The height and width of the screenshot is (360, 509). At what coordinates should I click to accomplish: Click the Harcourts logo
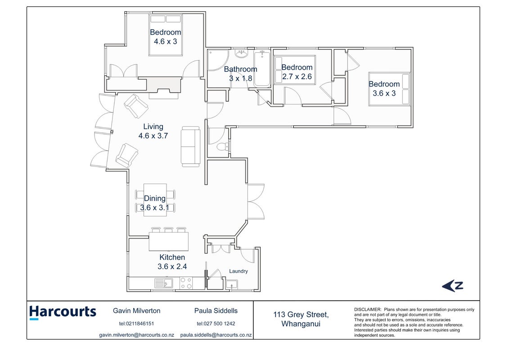63,313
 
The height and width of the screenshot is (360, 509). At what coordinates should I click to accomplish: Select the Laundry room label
238,271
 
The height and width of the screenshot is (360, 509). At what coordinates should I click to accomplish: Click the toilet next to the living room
223,146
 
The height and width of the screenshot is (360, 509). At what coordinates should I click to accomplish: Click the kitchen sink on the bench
164,283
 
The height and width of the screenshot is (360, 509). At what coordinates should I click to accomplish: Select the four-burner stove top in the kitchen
186,283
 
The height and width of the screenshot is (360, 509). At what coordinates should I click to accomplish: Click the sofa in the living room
190,147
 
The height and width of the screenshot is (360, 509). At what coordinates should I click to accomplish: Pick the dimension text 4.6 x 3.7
153,136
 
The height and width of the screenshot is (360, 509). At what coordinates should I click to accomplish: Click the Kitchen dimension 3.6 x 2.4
172,266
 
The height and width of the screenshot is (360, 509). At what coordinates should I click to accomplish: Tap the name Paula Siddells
216,310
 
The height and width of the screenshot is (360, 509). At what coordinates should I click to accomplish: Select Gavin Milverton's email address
137,335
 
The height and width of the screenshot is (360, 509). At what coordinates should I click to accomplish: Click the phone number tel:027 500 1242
216,324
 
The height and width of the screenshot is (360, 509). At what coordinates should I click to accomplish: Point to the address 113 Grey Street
301,315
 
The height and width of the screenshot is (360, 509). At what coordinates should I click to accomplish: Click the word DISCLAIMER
368,310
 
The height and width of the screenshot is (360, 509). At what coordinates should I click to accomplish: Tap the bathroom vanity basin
241,54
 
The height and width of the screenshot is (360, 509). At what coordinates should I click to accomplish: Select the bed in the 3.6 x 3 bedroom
390,89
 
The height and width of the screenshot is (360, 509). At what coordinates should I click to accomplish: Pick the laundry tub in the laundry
232,285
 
